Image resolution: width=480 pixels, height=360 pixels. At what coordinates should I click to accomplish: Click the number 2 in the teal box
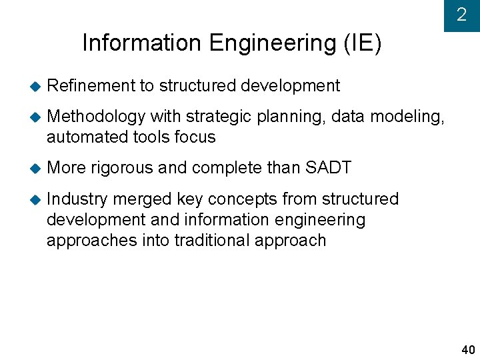461,15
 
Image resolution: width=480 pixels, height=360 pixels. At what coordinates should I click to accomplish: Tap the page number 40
468,351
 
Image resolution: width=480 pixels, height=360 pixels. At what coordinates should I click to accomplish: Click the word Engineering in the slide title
273,43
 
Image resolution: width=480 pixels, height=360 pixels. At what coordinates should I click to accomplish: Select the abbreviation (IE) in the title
363,43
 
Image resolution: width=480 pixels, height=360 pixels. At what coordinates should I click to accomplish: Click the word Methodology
96,117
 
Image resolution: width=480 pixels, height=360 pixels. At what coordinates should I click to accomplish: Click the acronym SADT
327,168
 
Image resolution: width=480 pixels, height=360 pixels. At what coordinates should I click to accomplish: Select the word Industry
77,199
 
